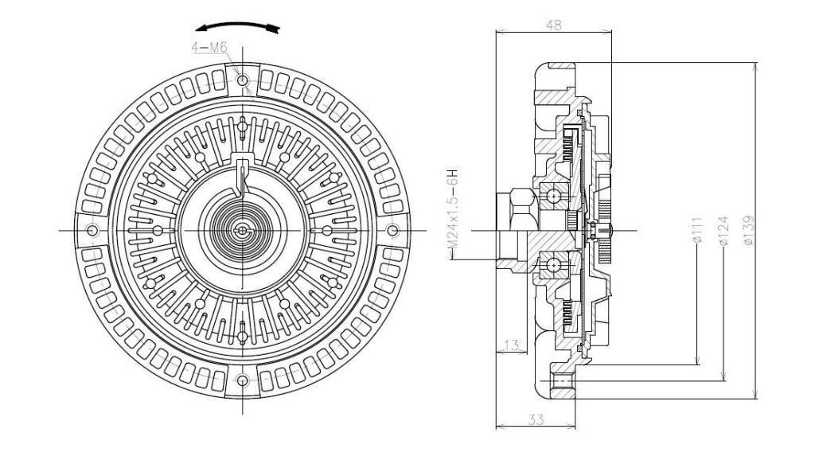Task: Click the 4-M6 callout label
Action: [x=209, y=48]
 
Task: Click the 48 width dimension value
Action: [x=554, y=25]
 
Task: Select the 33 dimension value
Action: [x=536, y=419]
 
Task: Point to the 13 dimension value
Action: [x=512, y=345]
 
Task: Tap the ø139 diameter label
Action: [x=748, y=230]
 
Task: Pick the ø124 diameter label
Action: [x=723, y=231]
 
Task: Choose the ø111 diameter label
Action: [x=697, y=231]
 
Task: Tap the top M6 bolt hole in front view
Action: [x=243, y=80]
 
